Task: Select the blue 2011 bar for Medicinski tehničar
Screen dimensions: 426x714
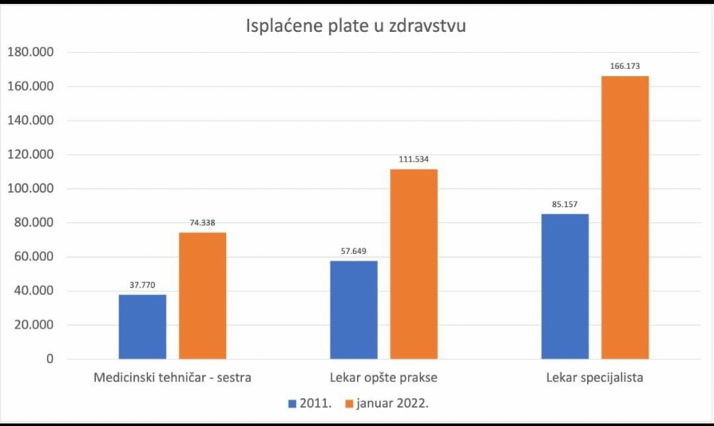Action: pyautogui.click(x=143, y=327)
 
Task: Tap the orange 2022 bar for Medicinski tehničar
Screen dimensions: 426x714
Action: pyautogui.click(x=202, y=296)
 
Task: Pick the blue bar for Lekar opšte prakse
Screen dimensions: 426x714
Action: pyautogui.click(x=354, y=310)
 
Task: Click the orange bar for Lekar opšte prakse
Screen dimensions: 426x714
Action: pyautogui.click(x=413, y=264)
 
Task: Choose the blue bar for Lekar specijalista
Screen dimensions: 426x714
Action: pyautogui.click(x=565, y=286)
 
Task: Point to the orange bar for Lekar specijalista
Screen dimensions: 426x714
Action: pyautogui.click(x=625, y=217)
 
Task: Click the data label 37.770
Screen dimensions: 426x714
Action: pyautogui.click(x=143, y=285)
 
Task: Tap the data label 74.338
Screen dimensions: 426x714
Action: pyautogui.click(x=202, y=223)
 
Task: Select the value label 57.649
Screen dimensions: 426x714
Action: pyautogui.click(x=354, y=251)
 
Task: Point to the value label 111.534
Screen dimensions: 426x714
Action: pyautogui.click(x=413, y=159)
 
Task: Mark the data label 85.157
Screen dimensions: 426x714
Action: pyautogui.click(x=565, y=204)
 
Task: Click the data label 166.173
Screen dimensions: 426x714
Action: pyautogui.click(x=625, y=67)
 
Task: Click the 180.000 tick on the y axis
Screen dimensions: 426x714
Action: pyautogui.click(x=30, y=52)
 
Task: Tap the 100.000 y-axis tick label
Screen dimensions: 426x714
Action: pyautogui.click(x=30, y=189)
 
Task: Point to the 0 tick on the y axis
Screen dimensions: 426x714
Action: pyautogui.click(x=49, y=359)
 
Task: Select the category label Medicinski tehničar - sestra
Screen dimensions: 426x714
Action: pyautogui.click(x=172, y=378)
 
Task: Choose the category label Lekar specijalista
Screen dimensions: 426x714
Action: pyautogui.click(x=595, y=378)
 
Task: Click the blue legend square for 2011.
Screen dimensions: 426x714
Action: pyautogui.click(x=292, y=403)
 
